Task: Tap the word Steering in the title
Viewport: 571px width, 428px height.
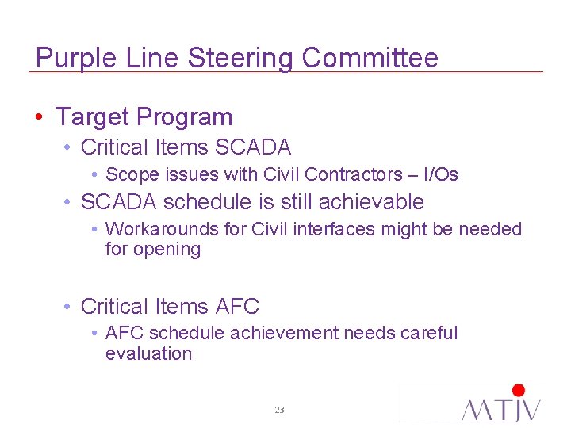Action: (x=243, y=58)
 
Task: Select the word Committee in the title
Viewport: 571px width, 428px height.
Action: (x=370, y=58)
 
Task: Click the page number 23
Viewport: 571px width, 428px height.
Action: (x=279, y=410)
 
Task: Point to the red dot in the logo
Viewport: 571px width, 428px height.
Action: (x=519, y=390)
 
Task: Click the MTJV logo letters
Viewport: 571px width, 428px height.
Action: (x=501, y=409)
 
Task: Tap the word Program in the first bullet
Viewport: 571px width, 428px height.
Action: (x=184, y=118)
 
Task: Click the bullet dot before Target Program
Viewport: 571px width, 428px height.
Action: (x=40, y=117)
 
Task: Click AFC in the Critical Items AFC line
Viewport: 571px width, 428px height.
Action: (x=236, y=306)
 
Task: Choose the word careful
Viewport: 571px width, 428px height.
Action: (x=429, y=334)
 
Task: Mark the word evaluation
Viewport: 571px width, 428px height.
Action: (x=148, y=353)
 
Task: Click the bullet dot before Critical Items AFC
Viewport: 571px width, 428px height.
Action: (x=70, y=306)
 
